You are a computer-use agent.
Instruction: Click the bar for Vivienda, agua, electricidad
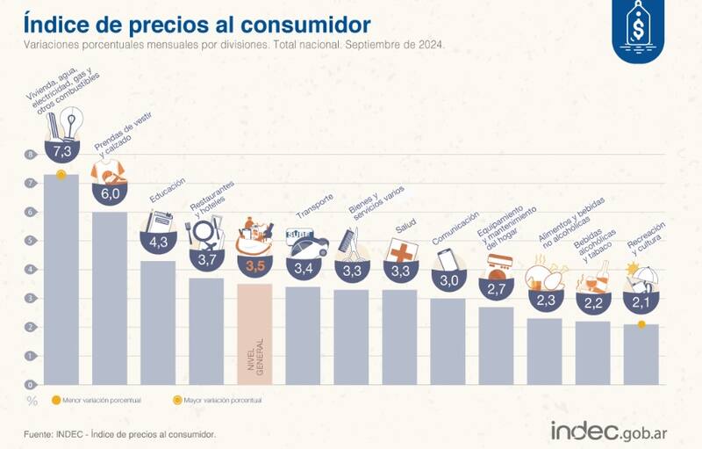pos(61,281)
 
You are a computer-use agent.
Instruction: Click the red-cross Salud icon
pos(400,250)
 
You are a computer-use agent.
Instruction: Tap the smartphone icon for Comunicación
pos(448,260)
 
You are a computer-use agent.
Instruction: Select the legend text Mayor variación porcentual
pos(224,401)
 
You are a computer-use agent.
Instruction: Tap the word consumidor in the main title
pos(298,23)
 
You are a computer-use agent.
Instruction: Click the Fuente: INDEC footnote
pos(118,434)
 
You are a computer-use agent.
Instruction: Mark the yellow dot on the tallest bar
pos(61,175)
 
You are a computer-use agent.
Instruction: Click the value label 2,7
pos(496,288)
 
